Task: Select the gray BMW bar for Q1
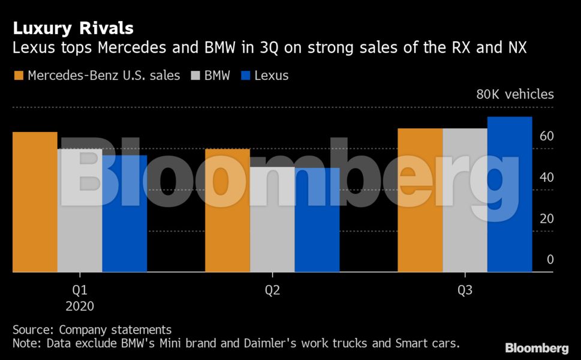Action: click(80, 211)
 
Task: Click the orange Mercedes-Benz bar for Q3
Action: click(420, 200)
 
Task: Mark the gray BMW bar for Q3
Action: click(465, 200)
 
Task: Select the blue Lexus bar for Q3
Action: click(510, 194)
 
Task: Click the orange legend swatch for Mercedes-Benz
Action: click(18, 76)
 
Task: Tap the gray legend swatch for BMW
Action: click(194, 76)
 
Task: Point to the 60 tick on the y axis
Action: click(546, 136)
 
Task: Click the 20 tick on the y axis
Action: click(546, 218)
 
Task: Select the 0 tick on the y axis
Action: click(549, 260)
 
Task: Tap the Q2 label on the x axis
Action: click(273, 290)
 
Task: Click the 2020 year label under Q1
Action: click(80, 305)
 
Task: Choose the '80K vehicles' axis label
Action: click(515, 94)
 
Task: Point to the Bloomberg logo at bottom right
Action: click(537, 348)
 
